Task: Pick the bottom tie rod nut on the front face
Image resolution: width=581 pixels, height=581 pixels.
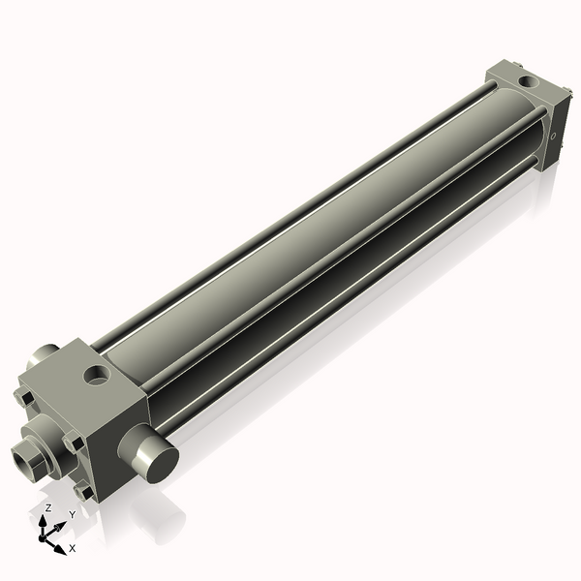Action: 85,491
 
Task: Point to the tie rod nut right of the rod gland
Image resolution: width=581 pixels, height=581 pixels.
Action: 73,442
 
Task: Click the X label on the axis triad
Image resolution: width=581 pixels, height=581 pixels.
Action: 73,548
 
